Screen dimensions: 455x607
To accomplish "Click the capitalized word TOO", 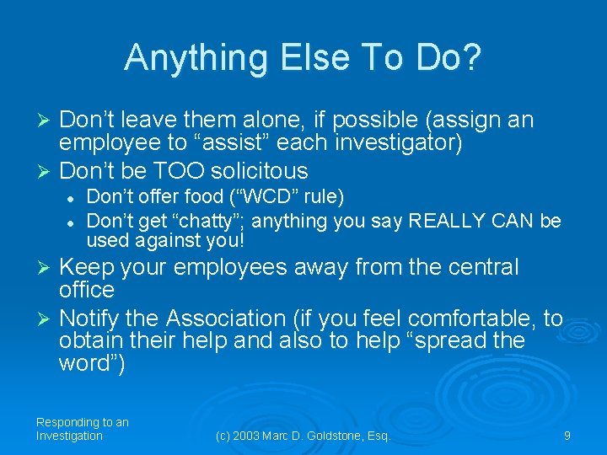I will coord(190,171).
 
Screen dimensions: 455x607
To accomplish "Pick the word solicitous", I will coord(261,171).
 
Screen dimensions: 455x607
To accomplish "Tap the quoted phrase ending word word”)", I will coord(92,364).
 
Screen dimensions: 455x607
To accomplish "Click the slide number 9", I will coord(567,436).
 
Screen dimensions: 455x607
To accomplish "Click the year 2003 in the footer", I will coord(250,436).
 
